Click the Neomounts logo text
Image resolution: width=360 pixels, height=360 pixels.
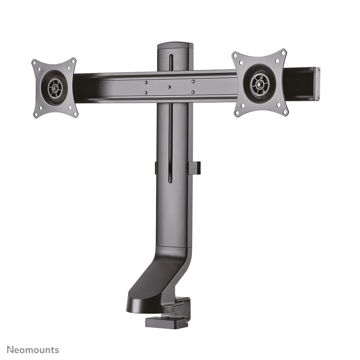pos(33,350)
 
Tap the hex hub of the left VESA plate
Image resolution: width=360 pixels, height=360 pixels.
pos(55,87)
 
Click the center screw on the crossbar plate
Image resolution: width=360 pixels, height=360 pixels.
pos(169,87)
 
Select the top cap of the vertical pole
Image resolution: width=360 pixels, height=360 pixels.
pos(175,46)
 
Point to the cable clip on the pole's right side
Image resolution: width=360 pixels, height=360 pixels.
pos(194,168)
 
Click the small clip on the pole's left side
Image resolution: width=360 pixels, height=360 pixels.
pos(156,168)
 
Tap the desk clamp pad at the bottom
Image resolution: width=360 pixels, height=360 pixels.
pos(167,322)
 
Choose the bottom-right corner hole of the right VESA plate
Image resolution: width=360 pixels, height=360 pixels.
pos(285,112)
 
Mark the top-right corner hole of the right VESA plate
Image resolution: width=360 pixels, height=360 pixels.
pos(283,53)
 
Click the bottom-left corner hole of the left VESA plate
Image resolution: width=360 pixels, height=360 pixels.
pos(36,114)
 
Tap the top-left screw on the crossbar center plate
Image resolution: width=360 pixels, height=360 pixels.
pos(146,82)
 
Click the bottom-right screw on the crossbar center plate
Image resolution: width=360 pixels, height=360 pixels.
pos(193,92)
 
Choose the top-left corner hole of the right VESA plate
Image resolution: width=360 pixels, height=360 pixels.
pos(235,56)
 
